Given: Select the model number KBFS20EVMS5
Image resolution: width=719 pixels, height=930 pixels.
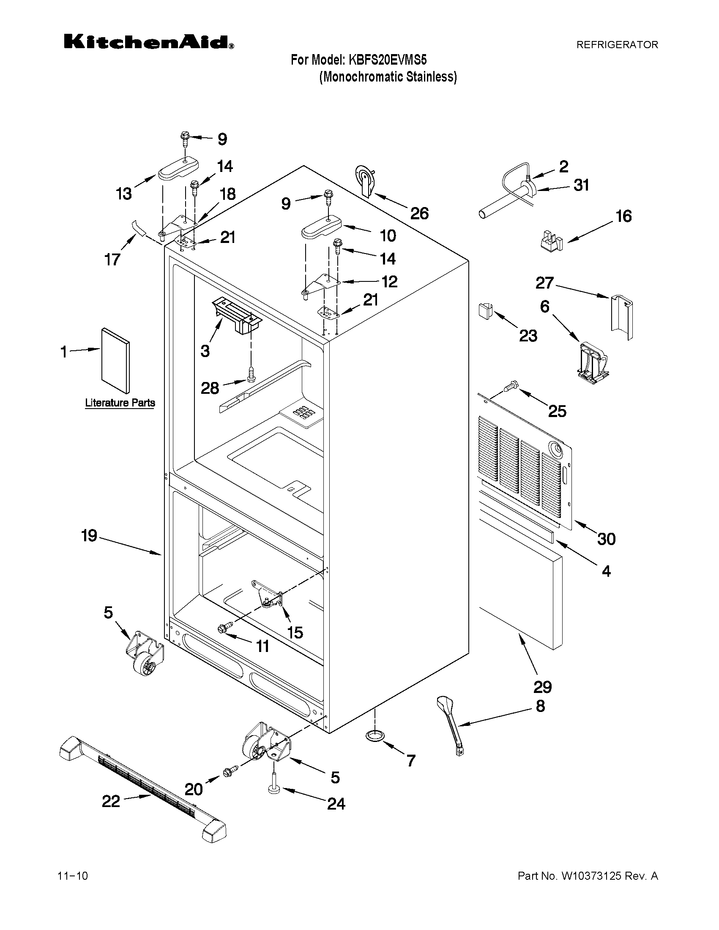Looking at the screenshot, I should [388, 60].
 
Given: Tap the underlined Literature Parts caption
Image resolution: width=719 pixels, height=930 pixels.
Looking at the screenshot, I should [120, 402].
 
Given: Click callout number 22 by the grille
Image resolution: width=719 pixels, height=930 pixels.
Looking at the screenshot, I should [111, 802].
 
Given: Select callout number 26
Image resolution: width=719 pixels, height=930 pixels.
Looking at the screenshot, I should [419, 213].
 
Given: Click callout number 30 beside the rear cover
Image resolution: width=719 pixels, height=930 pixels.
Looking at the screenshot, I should [606, 539].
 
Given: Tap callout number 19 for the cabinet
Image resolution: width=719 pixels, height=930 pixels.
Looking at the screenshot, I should [90, 536].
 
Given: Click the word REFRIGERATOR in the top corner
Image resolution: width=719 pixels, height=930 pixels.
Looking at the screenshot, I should [617, 45].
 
